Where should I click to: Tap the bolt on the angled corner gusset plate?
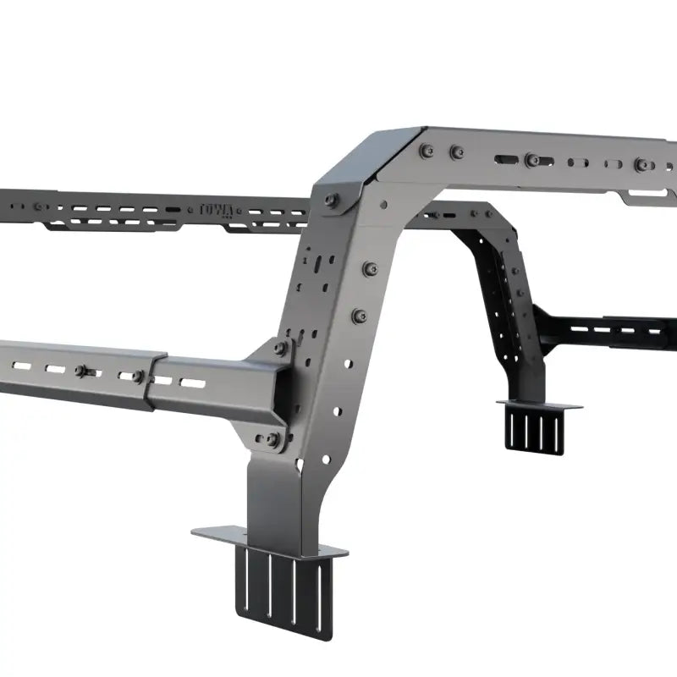pos(330,201)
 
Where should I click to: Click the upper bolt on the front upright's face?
pos(369,268)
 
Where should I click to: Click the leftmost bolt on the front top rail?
pos(427,151)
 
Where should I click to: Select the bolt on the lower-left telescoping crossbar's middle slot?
pos(82,371)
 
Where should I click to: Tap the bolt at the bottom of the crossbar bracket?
pos(272,438)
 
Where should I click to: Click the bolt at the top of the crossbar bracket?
pos(280,347)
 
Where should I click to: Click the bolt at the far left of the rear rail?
pos(38,206)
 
